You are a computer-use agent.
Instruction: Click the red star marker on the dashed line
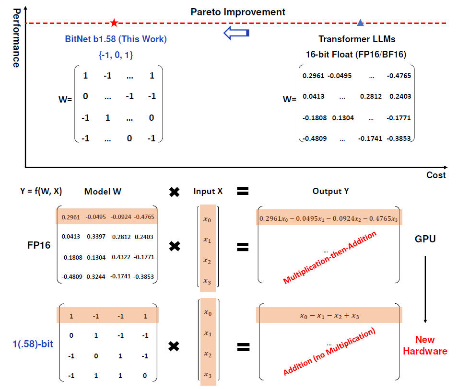114,23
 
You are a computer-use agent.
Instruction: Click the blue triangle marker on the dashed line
360,23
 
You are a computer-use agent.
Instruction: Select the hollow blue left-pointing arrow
236,33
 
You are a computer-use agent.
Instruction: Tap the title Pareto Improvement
238,12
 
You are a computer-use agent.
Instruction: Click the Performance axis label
17,38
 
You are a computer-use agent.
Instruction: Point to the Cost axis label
436,175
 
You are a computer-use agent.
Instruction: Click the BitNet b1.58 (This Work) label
116,39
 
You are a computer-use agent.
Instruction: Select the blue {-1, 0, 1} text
116,55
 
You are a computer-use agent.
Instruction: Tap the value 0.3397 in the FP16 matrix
96,237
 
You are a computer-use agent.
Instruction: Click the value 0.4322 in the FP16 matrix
121,257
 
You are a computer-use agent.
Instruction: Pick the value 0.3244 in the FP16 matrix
96,277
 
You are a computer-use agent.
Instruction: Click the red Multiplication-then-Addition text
329,257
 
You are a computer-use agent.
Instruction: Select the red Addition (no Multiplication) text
329,351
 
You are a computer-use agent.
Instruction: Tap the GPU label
425,239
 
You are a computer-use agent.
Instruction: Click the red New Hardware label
425,345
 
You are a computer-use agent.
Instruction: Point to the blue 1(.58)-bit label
33,344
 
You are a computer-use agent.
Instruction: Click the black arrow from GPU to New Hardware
425,289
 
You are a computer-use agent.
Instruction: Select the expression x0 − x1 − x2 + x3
329,316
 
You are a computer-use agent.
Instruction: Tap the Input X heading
208,191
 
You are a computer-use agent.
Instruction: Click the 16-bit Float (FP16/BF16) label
356,55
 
